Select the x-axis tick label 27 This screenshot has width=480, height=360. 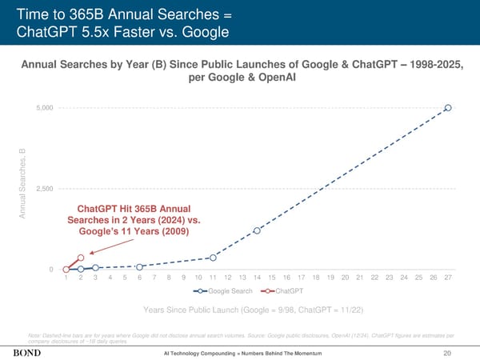pyautogui.click(x=448, y=278)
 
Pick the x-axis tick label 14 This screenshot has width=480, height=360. pyautogui.click(x=257, y=278)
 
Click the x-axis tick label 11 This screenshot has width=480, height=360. pyautogui.click(x=213, y=278)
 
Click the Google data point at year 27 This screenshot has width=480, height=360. pyautogui.click(x=448, y=107)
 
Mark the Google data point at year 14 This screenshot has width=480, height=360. pyautogui.click(x=257, y=230)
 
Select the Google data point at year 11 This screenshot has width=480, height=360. pyautogui.click(x=213, y=258)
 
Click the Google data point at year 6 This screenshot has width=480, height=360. pyautogui.click(x=139, y=266)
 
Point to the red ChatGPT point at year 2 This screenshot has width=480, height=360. pyautogui.click(x=81, y=258)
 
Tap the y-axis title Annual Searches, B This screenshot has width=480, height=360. pyautogui.click(x=22, y=185)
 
